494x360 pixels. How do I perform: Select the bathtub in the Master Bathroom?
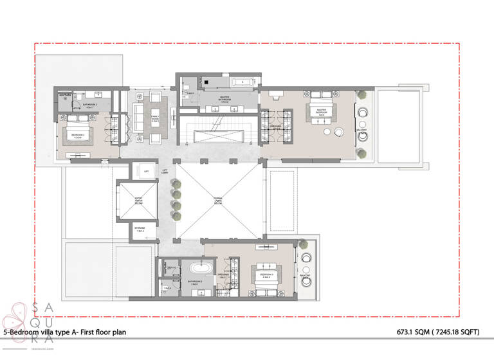click(243, 82)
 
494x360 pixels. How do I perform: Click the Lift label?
click(147, 172)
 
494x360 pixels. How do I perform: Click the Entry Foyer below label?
click(138, 201)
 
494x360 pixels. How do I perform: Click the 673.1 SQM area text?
click(421, 332)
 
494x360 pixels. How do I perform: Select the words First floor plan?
click(98, 332)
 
